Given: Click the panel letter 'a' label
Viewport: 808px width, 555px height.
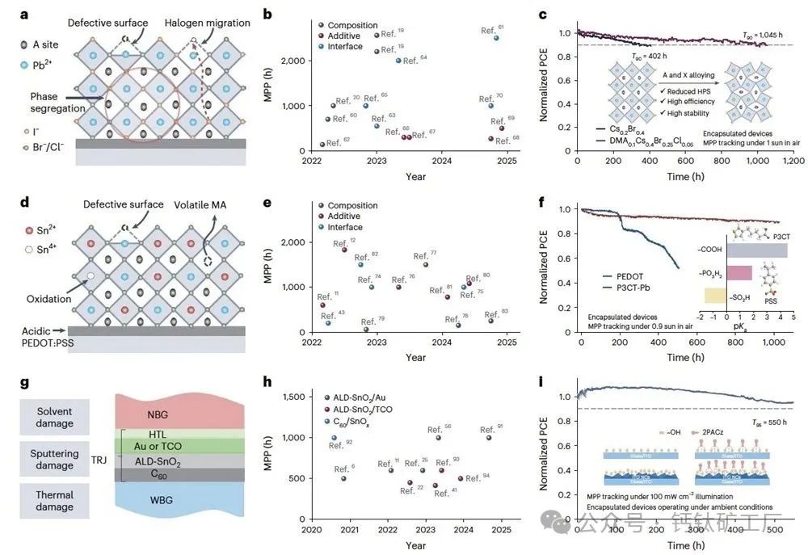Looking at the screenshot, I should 23,14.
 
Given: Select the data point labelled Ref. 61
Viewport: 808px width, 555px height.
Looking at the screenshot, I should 496,38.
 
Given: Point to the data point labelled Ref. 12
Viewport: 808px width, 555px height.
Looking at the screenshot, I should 344,250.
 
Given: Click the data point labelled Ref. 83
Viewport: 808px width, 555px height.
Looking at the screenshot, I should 490,321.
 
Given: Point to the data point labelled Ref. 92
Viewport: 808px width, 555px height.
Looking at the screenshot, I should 334,438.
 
